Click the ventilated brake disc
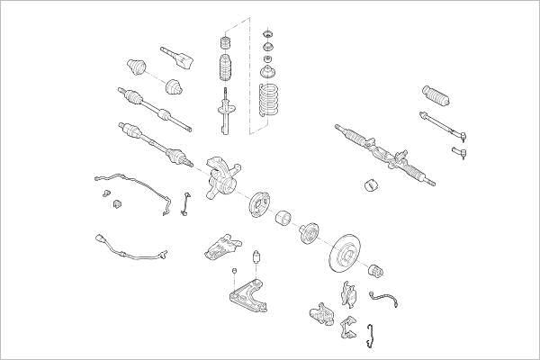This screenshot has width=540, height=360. pyautogui.click(x=347, y=253)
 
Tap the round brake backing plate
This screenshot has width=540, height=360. pyautogui.click(x=258, y=202)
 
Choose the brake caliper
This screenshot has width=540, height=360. pyautogui.click(x=320, y=312)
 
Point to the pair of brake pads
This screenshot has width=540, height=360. pyautogui.click(x=349, y=292)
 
